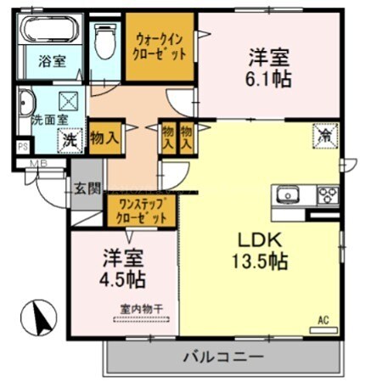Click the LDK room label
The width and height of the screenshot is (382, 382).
click(x=250, y=239)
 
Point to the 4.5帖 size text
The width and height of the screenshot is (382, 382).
click(x=124, y=279)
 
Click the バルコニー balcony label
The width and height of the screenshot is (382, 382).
click(x=223, y=357)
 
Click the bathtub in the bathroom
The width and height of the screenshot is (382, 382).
click(x=49, y=31)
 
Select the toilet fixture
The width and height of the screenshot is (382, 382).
click(x=105, y=39)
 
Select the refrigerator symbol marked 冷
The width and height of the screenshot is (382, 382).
click(x=323, y=134)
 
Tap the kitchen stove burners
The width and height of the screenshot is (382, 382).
click(x=327, y=196)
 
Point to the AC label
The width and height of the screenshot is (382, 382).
click(x=323, y=319)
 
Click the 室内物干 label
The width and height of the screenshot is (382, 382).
click(x=139, y=309)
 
